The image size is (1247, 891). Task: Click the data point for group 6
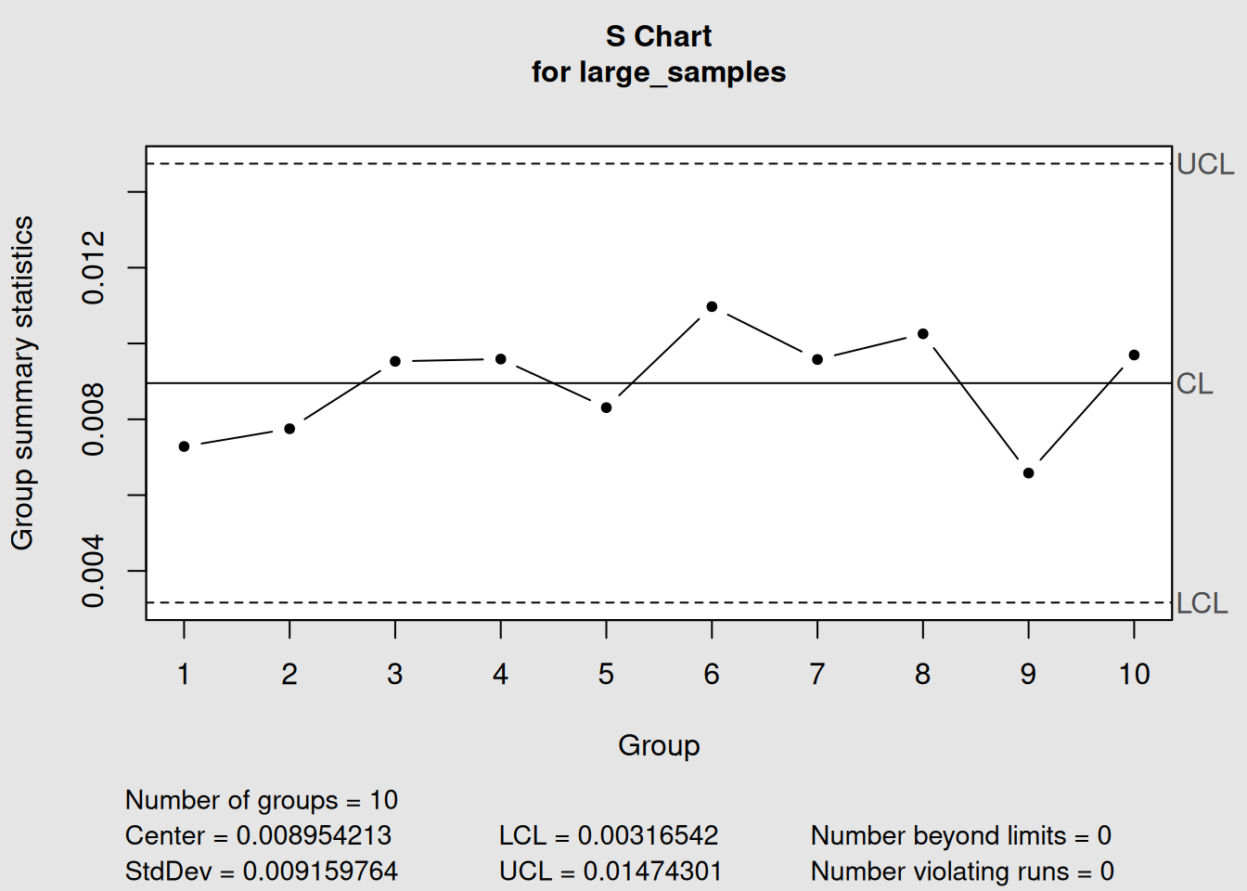click(712, 306)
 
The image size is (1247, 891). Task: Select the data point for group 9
click(1028, 473)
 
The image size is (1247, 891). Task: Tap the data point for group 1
click(184, 446)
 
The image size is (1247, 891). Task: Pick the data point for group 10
click(1134, 355)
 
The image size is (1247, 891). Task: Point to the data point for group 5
click(606, 407)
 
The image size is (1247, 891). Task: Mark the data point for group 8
click(923, 334)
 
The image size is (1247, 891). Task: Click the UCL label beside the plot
click(1205, 164)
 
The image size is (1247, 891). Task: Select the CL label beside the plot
click(1195, 383)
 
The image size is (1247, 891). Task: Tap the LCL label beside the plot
click(1202, 603)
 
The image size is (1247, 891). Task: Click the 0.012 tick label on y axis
click(94, 268)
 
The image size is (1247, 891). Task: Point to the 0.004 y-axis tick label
click(94, 572)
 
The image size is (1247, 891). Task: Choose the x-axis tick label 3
click(395, 675)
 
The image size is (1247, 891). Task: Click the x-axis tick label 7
click(817, 675)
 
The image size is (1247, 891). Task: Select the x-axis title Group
click(659, 745)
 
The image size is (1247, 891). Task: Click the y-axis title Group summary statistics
click(22, 382)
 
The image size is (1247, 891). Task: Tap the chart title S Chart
click(659, 36)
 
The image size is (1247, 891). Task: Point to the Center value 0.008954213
click(314, 835)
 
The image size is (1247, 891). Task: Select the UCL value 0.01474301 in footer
click(651, 872)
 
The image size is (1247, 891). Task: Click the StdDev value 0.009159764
click(320, 872)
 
